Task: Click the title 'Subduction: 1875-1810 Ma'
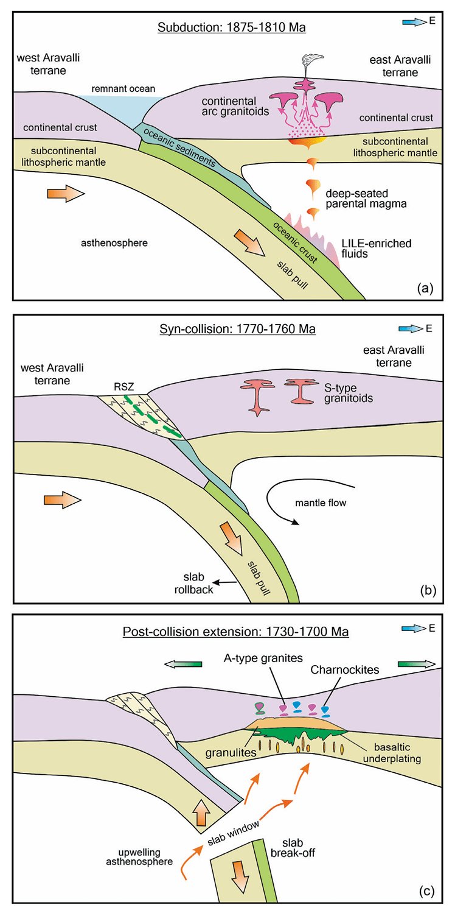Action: point(232,27)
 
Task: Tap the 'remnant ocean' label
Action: point(123,88)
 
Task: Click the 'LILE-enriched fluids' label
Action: point(377,249)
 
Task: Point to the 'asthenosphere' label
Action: point(114,243)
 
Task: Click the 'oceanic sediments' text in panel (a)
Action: point(179,147)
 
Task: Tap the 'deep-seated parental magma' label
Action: point(366,199)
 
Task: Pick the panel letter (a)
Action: point(425,288)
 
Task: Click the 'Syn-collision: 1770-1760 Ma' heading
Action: point(237,329)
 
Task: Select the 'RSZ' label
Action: point(124,386)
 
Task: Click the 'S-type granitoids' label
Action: point(349,392)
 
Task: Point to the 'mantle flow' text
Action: point(321,502)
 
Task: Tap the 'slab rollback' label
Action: point(193,583)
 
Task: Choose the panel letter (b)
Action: point(428,591)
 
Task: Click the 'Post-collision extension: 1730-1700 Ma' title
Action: point(235,632)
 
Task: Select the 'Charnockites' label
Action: point(345,669)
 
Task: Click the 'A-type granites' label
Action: point(263,658)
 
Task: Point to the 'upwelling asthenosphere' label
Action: point(139,856)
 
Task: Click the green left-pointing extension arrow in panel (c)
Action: point(183,664)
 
